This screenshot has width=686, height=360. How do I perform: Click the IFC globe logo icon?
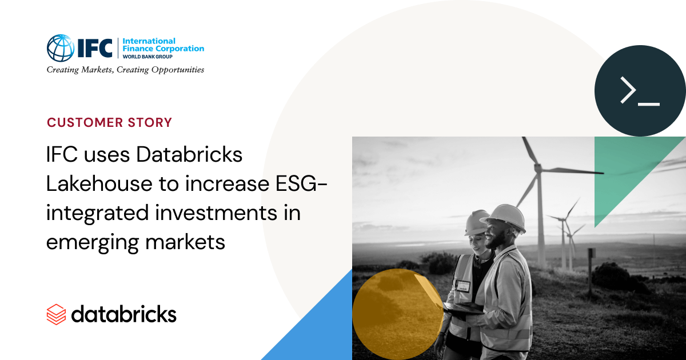click(x=60, y=48)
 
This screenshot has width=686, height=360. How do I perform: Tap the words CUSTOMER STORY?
click(x=109, y=122)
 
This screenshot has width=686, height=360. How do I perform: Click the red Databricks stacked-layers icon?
click(x=57, y=314)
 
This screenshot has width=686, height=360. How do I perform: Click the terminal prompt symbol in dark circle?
click(x=640, y=91)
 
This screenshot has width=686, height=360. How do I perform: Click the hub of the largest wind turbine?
click(x=537, y=167)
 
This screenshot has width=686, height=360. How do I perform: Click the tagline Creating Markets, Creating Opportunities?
click(x=125, y=70)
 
